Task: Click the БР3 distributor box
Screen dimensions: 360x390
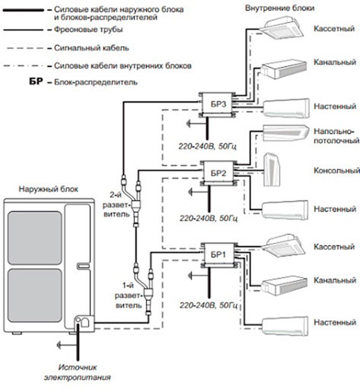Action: click(x=218, y=104)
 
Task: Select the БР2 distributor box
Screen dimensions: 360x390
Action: click(x=218, y=173)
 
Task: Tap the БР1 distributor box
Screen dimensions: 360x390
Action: click(x=218, y=254)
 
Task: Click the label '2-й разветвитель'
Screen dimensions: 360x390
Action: click(x=116, y=204)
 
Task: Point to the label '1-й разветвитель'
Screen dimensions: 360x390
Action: click(x=129, y=296)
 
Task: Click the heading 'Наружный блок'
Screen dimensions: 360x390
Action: click(x=49, y=189)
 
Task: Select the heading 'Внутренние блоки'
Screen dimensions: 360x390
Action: click(x=279, y=8)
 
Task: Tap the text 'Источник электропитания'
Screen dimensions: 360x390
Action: click(x=78, y=372)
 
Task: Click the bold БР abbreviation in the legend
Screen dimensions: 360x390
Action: click(x=36, y=82)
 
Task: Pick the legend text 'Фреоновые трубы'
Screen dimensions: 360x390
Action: click(x=88, y=30)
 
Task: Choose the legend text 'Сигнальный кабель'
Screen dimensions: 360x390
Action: click(x=91, y=48)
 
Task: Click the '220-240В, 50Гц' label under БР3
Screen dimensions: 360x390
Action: click(x=208, y=146)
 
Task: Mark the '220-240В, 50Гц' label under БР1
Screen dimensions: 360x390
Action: click(x=209, y=305)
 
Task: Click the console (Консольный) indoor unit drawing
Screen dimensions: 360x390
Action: click(x=272, y=170)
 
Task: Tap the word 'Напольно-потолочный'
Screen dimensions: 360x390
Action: click(x=336, y=136)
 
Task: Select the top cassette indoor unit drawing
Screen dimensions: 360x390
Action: click(x=282, y=27)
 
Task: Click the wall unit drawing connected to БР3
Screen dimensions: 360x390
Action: click(x=286, y=108)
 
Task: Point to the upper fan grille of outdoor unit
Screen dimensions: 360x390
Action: click(x=35, y=238)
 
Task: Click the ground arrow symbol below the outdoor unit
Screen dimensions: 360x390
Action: click(x=67, y=345)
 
